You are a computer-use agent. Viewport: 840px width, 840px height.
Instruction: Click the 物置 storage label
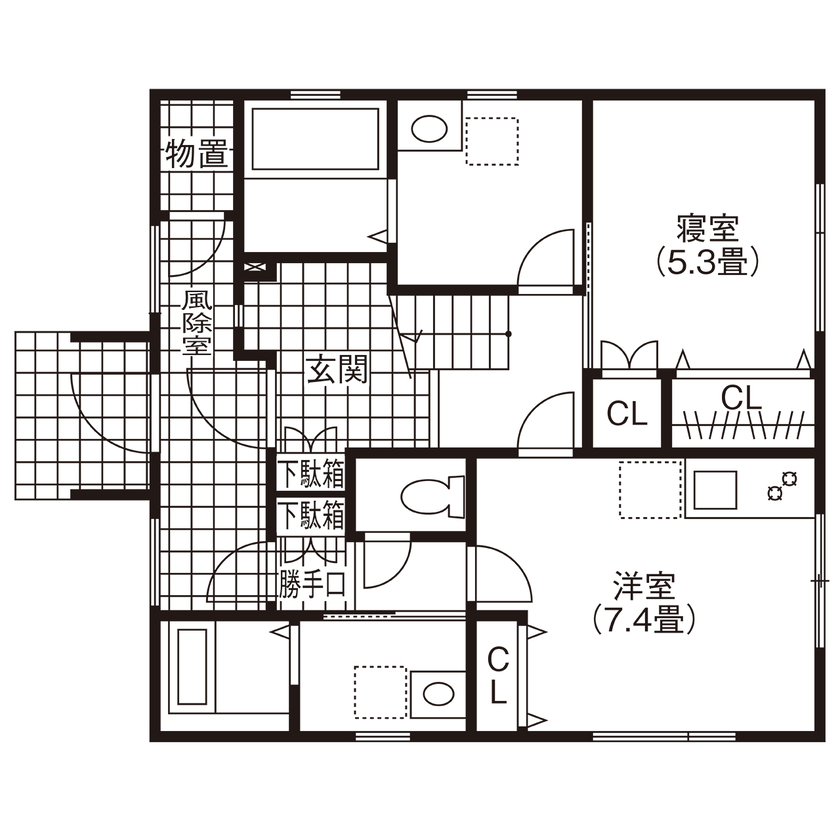pyautogui.click(x=196, y=155)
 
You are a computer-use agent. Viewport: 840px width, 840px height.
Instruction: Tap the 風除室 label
pyautogui.click(x=195, y=323)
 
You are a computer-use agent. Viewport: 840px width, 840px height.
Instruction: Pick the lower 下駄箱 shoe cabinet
pyautogui.click(x=311, y=516)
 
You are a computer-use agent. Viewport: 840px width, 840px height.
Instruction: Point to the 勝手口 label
pyautogui.click(x=312, y=582)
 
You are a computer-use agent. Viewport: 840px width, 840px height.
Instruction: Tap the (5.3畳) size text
pyautogui.click(x=707, y=262)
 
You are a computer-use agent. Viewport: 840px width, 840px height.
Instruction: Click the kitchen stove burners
pyautogui.click(x=779, y=486)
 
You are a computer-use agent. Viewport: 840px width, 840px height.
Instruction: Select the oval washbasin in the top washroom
pyautogui.click(x=429, y=130)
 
